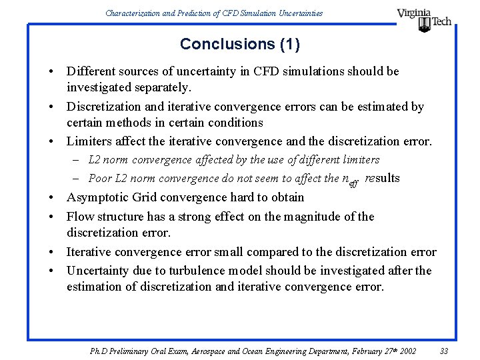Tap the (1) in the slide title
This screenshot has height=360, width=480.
click(x=290, y=45)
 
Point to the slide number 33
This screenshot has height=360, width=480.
click(x=445, y=351)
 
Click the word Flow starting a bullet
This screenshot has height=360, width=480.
click(x=80, y=217)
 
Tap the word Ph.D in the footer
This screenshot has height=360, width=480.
click(x=99, y=351)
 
